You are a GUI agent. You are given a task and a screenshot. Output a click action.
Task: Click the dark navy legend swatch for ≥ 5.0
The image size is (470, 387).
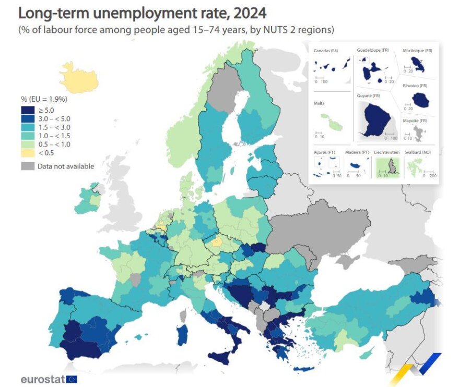coord(27,110)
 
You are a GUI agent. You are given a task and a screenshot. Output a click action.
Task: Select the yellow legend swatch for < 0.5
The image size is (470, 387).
coord(27,153)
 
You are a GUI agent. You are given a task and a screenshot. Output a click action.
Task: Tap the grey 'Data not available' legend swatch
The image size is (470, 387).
coord(27,166)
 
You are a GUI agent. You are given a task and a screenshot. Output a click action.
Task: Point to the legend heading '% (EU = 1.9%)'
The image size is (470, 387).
coord(44,99)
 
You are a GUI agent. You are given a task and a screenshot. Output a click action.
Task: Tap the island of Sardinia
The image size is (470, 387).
coord(182,334)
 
